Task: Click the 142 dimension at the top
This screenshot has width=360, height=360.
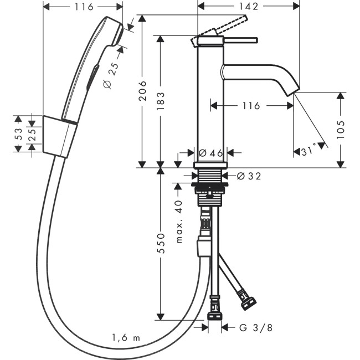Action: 249,7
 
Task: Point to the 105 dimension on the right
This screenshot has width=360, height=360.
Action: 340,130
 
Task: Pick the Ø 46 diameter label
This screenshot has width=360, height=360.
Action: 210,152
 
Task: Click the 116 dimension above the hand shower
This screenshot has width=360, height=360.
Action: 83,7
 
